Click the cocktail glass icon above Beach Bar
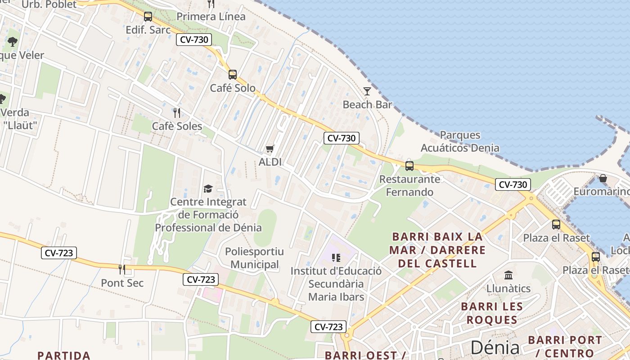[x=367, y=91]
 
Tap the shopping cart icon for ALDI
[x=270, y=148]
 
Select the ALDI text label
[x=270, y=162]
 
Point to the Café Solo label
[x=233, y=88]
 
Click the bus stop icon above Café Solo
[x=232, y=75]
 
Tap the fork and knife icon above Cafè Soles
[x=177, y=112]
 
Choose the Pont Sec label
[x=122, y=283]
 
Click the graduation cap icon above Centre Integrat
[x=208, y=189]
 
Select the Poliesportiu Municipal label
[x=255, y=258]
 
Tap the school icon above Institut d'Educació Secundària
[x=336, y=258]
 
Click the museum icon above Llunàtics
[x=508, y=275]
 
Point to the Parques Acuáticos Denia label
[x=460, y=141]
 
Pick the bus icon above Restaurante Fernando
[x=409, y=166]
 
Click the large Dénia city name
[x=495, y=347]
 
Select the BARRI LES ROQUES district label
[x=492, y=313]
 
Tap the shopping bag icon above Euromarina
[x=603, y=179]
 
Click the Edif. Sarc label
[x=148, y=30]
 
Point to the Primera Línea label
[x=211, y=17]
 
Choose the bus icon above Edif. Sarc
[x=148, y=17]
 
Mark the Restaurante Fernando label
[x=409, y=185]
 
